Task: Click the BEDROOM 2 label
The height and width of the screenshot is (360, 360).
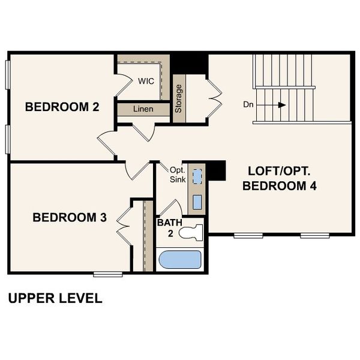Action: pos(62,107)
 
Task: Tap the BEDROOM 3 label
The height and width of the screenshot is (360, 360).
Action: pos(70,217)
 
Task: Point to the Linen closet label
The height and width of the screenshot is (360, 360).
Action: pos(143,110)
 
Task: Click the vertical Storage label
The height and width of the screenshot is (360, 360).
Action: pos(179,98)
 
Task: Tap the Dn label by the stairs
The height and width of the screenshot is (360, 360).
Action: pos(249,104)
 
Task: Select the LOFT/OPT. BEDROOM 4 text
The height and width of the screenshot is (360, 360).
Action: pos(279,177)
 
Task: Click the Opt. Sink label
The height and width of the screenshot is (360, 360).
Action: pos(176,175)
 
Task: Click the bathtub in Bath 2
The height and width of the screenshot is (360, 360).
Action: pos(179,260)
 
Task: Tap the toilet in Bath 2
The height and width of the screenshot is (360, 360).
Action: pos(193,231)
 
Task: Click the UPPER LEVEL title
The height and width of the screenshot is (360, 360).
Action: pos(55,298)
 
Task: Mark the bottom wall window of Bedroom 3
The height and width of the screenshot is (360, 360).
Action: pos(108,274)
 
